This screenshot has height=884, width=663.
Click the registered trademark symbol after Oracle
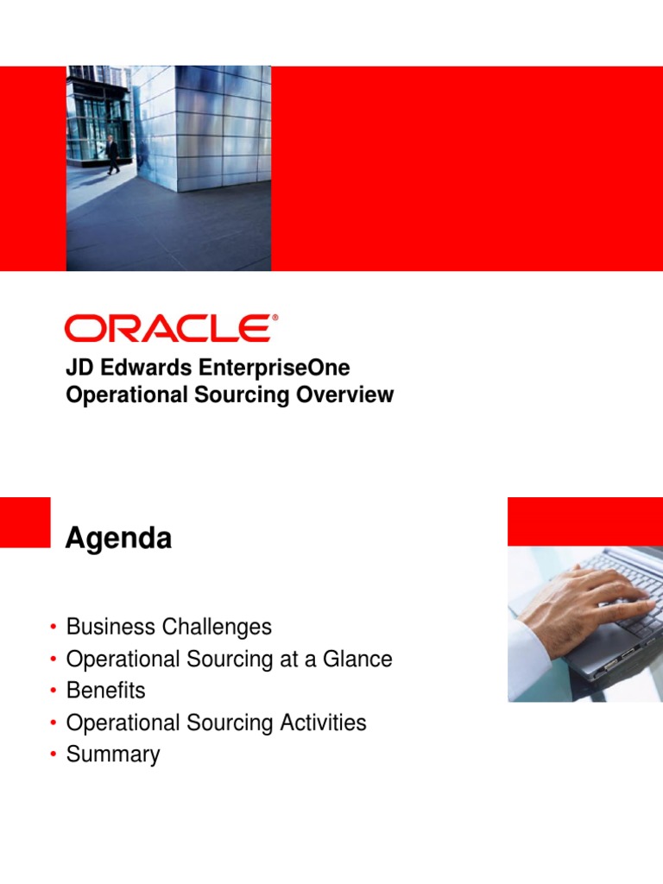tap(275, 318)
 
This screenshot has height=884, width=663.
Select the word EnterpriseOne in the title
tap(275, 368)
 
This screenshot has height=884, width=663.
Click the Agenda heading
tap(118, 539)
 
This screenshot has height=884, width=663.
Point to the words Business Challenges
tap(168, 627)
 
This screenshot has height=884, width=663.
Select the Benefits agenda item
tap(105, 691)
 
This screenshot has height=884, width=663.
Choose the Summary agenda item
tap(113, 755)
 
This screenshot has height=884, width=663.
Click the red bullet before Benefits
tap(54, 691)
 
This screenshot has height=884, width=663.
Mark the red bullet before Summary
tap(54, 755)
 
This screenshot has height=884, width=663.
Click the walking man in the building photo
tap(112, 155)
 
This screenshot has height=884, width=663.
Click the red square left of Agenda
tap(25, 521)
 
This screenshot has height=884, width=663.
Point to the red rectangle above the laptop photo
tap(584, 521)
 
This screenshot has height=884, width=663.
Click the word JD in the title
tap(78, 368)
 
